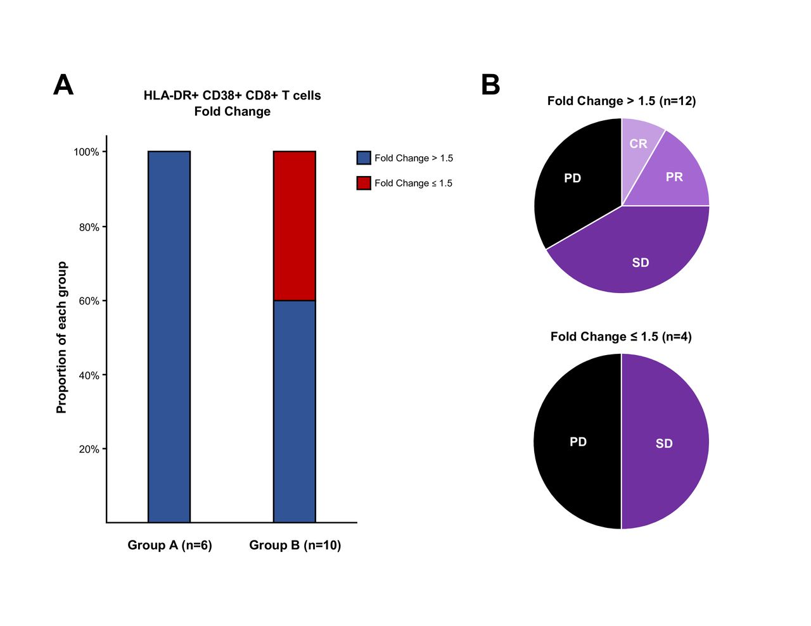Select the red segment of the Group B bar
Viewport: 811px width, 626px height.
click(295, 226)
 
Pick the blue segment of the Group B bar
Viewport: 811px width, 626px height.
click(295, 411)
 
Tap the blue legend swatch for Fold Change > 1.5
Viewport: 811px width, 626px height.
click(364, 158)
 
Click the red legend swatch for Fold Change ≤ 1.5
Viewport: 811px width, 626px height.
click(364, 183)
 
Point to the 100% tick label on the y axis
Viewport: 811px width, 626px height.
click(86, 152)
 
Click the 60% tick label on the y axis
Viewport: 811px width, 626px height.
click(89, 301)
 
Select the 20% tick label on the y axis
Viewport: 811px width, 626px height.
click(89, 449)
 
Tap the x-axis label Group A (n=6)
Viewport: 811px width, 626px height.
click(170, 545)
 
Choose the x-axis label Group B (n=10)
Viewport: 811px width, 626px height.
click(295, 545)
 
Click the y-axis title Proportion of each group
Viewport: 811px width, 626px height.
click(61, 337)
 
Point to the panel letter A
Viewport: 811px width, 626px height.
click(63, 85)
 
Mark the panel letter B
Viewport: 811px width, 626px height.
click(490, 85)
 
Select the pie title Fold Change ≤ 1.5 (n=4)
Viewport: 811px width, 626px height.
click(621, 337)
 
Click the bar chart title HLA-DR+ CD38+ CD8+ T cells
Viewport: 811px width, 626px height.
click(233, 96)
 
